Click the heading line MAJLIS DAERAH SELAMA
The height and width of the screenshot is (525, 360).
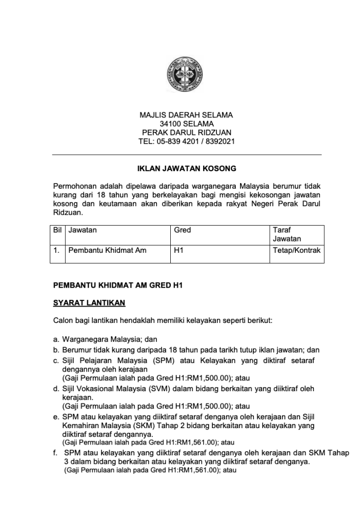coord(187,115)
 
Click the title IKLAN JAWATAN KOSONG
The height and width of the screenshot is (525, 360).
coord(187,168)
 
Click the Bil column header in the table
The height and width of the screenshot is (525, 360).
coord(57,230)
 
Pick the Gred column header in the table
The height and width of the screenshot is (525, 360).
coord(183,230)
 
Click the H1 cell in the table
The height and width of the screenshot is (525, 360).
coord(179,251)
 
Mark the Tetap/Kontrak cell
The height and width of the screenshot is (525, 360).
coord(297,251)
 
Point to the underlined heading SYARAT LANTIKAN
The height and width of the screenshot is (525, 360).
coord(89,303)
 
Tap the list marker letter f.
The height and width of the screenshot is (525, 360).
coord(55,453)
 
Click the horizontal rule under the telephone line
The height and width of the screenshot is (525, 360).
coord(187,154)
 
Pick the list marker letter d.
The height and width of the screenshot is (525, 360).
coord(56,389)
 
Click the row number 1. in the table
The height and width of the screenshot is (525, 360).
coord(57,251)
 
